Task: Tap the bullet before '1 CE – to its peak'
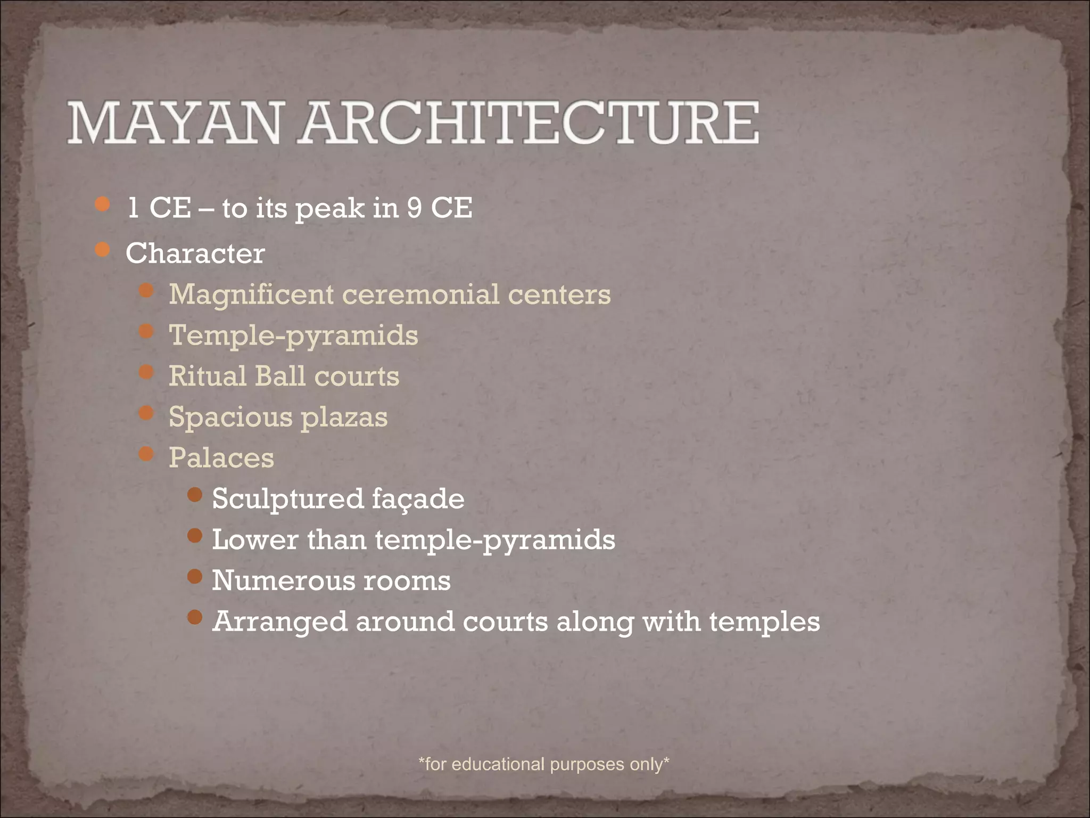(102, 204)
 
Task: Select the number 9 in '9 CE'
(415, 208)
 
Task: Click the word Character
(195, 253)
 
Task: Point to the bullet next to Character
(102, 250)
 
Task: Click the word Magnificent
(251, 295)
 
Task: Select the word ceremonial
(420, 295)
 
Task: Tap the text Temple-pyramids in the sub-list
(293, 336)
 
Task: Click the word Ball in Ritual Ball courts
(280, 376)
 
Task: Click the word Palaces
(221, 458)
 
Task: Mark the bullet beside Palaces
(146, 454)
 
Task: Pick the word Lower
(255, 540)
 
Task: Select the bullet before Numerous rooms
(195, 576)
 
